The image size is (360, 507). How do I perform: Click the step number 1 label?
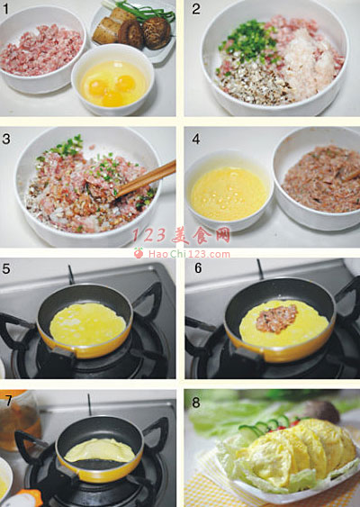click(5, 9)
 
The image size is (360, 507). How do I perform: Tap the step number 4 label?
click(196, 139)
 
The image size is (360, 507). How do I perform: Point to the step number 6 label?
click(198, 267)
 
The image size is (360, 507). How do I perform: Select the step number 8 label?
click(196, 403)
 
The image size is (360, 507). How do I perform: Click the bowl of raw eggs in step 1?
click(112, 79)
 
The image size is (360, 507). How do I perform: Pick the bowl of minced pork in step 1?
click(42, 50)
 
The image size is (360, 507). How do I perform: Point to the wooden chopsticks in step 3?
click(146, 178)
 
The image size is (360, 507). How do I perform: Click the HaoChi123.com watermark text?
click(189, 254)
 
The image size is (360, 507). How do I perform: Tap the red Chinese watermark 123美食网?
click(181, 235)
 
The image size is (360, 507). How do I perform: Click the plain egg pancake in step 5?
click(87, 324)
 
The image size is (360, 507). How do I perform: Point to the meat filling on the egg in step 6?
click(277, 319)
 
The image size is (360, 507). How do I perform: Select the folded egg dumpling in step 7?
click(100, 450)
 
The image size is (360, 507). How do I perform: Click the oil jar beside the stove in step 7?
click(19, 421)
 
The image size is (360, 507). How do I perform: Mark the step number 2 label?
click(196, 9)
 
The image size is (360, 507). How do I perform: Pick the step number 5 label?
click(6, 268)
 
